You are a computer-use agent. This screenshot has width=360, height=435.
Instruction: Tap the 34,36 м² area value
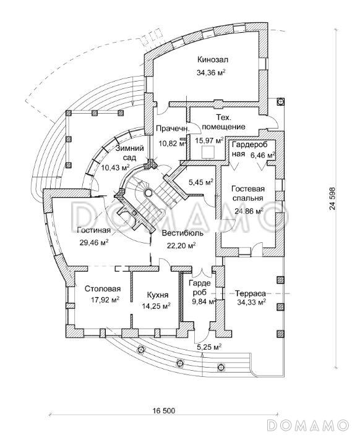click(x=211, y=73)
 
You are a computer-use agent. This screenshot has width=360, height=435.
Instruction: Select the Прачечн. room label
click(x=173, y=129)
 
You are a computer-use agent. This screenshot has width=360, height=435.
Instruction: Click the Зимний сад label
click(x=130, y=153)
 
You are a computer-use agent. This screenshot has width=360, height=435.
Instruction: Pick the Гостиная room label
click(x=94, y=230)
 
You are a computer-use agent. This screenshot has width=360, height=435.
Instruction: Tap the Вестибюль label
click(x=182, y=233)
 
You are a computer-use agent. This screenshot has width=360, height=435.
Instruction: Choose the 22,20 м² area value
click(x=181, y=245)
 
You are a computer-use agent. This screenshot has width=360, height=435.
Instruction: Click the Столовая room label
click(x=103, y=289)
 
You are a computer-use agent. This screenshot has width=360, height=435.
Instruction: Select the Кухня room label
click(x=157, y=295)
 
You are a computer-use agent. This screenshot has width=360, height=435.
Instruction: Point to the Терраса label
click(x=251, y=294)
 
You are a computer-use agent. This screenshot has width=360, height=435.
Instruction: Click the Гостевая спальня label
click(x=248, y=193)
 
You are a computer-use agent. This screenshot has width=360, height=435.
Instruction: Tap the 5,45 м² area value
click(x=201, y=182)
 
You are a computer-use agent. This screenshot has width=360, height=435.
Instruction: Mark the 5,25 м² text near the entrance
click(x=209, y=347)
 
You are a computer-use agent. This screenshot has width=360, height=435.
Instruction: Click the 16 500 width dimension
click(x=164, y=410)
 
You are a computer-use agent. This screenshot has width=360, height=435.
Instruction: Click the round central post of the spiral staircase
click(x=148, y=192)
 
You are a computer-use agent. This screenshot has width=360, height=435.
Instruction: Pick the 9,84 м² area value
click(x=203, y=302)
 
